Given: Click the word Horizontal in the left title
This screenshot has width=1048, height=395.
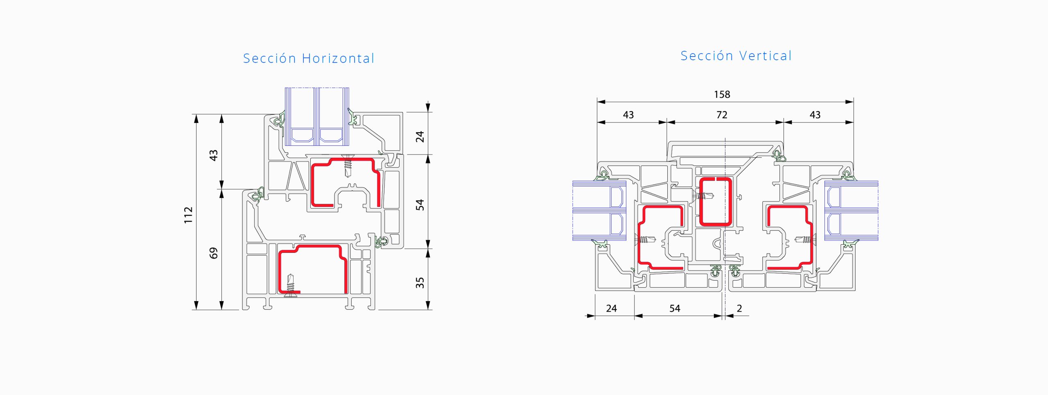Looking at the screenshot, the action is pos(338,58).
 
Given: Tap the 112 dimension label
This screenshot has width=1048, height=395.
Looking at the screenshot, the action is pos(188,215).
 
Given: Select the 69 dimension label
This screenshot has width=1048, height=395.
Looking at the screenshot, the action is pos(213,253).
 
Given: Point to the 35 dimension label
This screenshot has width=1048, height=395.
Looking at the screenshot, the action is pos(420,283).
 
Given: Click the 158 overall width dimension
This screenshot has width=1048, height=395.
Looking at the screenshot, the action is pos(722,95).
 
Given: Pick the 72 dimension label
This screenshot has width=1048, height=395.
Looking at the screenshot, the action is pos(722,115).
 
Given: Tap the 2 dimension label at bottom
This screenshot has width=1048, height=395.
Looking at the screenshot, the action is pos(739,308).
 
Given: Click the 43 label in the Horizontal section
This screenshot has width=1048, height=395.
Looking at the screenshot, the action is pos(213,155).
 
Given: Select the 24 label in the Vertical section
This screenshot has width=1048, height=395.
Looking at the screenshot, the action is pos(611,308).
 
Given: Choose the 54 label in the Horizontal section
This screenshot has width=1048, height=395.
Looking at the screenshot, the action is pos(420,205).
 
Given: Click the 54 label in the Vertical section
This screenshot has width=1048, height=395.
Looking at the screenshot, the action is pos(675,308).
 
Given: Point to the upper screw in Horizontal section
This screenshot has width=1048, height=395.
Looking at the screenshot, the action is pos(348,166).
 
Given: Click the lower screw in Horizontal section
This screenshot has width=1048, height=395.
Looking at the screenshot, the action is pos(290,285).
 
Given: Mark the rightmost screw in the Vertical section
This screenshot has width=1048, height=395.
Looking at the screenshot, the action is pos(805,239).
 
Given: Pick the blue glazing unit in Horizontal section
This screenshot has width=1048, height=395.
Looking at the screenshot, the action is pos(317,116).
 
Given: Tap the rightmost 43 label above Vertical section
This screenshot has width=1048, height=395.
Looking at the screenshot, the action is pos(815,115).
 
